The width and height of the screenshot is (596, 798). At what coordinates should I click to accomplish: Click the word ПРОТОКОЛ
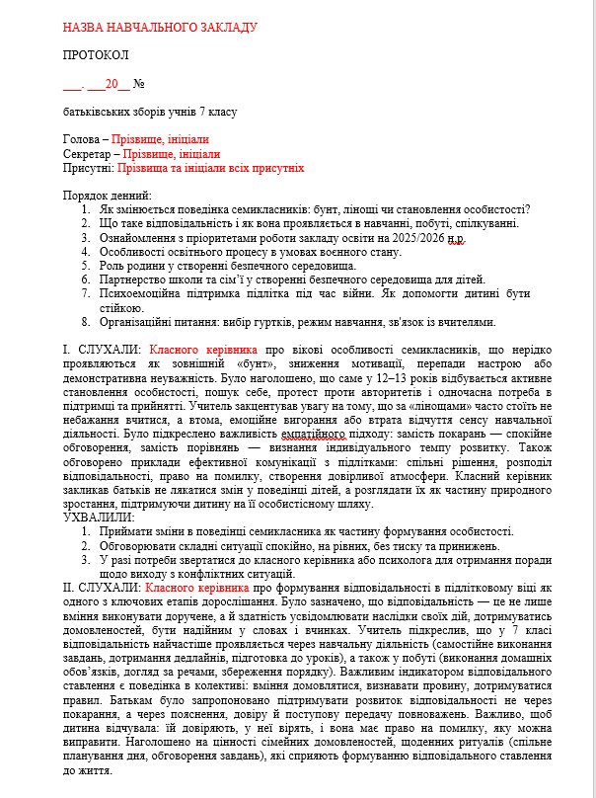[96, 54]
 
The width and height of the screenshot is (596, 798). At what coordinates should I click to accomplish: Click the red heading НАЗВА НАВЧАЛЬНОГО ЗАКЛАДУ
[160, 26]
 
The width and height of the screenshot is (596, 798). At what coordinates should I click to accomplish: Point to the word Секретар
[87, 154]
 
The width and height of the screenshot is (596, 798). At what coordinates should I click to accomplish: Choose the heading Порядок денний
[108, 197]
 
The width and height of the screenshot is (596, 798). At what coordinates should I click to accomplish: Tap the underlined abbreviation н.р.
[453, 238]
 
